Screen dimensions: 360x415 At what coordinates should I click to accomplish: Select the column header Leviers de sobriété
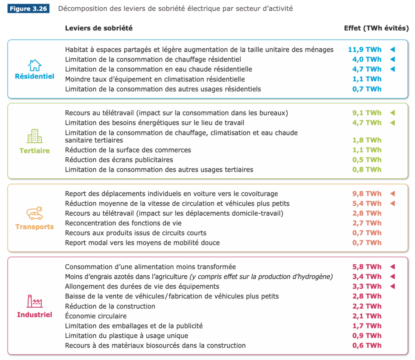coord(98,28)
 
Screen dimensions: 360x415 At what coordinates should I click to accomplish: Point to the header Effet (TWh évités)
coord(376,28)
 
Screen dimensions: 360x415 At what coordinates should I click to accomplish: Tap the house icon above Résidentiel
coord(34,65)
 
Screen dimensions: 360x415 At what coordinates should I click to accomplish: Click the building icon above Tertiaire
coord(34,136)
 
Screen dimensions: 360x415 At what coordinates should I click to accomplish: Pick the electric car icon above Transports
coord(34,213)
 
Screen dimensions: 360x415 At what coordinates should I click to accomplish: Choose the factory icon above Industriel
coord(34,301)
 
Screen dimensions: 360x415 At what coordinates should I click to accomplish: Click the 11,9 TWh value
coord(364,50)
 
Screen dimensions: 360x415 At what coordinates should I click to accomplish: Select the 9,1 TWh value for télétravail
coord(366,113)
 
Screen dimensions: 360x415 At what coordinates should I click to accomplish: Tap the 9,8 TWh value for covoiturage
coord(366,194)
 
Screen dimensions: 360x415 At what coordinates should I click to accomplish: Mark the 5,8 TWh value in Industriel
coord(366,267)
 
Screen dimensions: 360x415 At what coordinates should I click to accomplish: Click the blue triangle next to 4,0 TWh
coord(392,60)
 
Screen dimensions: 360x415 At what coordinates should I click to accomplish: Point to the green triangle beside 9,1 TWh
coord(392,113)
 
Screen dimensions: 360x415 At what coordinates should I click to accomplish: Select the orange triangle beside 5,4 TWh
coord(392,204)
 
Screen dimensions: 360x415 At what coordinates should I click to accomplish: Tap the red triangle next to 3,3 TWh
coord(392,287)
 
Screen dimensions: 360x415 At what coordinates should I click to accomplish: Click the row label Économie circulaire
coord(96,316)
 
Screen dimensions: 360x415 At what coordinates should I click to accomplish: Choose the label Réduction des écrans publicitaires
coord(119,160)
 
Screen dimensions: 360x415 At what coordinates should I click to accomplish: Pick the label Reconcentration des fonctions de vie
coord(123,223)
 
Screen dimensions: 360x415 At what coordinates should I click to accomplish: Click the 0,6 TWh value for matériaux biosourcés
coord(366,345)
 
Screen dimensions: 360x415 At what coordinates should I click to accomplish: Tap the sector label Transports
coord(34,227)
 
